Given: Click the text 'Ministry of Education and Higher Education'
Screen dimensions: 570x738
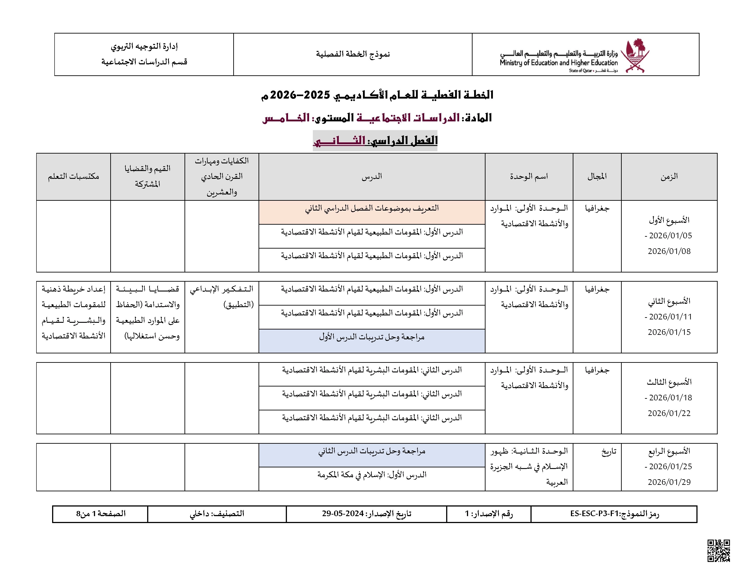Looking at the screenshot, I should tap(558, 63).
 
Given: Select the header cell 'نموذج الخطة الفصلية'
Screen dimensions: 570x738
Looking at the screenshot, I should tap(353, 54).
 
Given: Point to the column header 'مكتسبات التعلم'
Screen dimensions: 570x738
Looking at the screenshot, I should tap(73, 177).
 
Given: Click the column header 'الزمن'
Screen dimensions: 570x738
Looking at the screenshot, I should tap(669, 177).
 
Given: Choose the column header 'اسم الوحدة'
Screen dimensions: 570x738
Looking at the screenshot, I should tap(529, 177).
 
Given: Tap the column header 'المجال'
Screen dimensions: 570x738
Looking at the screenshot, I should tap(597, 177).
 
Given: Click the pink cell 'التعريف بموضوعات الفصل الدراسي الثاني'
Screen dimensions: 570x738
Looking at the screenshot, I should tap(372, 208).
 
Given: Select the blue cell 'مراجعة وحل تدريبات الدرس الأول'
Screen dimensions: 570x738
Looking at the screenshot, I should tap(372, 337).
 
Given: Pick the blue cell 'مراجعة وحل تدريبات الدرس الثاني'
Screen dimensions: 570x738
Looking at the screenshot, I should tap(372, 451).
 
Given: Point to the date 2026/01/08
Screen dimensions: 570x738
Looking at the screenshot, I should tap(669, 251).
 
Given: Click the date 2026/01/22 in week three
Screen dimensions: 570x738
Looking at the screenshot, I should tap(669, 413).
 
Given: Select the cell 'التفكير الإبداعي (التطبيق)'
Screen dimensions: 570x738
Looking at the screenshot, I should tap(222, 296).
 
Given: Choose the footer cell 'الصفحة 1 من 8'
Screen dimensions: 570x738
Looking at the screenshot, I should tap(101, 514).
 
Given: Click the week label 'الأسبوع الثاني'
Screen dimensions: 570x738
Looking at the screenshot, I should tap(669, 301).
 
